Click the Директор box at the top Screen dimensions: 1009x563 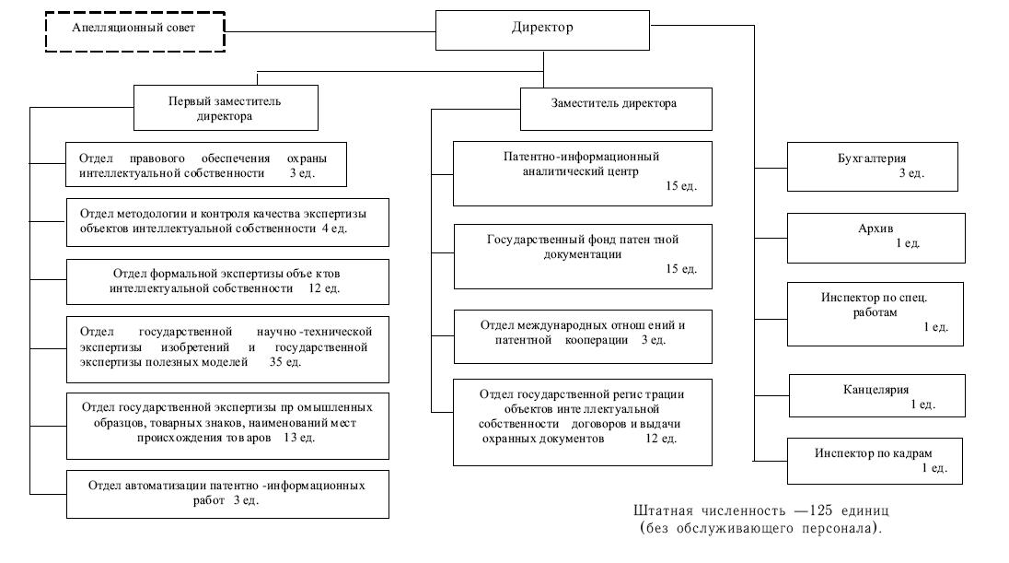(542, 30)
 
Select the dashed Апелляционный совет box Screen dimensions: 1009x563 (135, 31)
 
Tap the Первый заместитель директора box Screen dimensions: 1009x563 (226, 108)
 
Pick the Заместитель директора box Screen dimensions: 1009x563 (616, 109)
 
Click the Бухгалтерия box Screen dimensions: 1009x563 (873, 167)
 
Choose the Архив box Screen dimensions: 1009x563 (876, 238)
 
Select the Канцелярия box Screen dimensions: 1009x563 (877, 395)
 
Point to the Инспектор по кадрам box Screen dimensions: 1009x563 (876, 462)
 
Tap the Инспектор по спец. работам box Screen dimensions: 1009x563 (876, 314)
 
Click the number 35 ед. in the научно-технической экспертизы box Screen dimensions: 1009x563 (285, 362)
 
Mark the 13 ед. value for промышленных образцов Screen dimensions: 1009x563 (299, 438)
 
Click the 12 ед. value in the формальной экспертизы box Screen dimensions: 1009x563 (324, 287)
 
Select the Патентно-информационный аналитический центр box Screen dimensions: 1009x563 (583, 173)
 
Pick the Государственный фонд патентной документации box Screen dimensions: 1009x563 (583, 256)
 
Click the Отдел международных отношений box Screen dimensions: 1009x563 (583, 336)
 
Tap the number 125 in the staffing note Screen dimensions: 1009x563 (821, 510)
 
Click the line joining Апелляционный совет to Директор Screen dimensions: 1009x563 (331, 31)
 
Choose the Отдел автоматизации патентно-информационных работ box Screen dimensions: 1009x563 (227, 494)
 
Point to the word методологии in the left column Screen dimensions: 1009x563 (153, 213)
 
